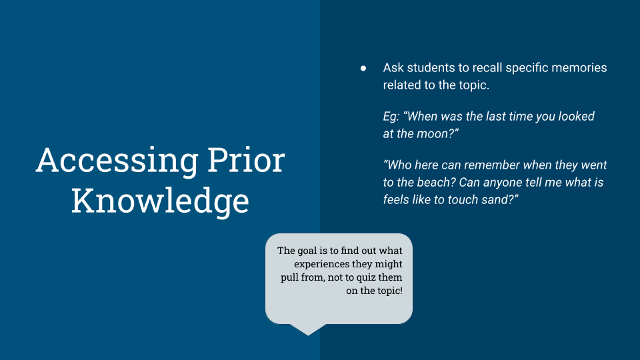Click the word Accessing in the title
(117, 161)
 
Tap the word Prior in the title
(246, 160)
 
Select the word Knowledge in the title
(160, 201)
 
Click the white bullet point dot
(363, 69)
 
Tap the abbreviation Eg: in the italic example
(391, 117)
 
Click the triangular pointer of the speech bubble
(308, 329)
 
